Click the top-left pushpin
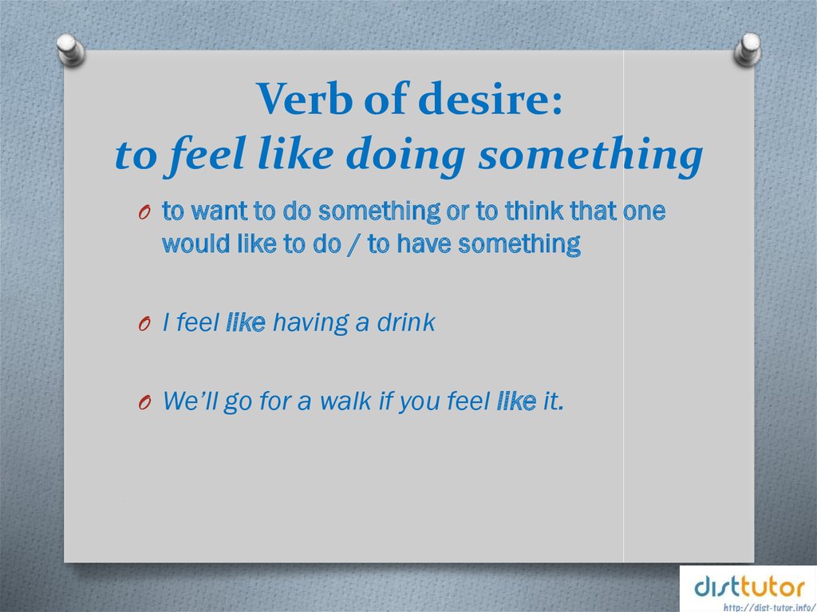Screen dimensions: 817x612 (71, 49)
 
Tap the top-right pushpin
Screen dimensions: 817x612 (748, 49)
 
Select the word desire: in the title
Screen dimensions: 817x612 (491, 98)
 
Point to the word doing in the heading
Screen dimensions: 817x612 (405, 156)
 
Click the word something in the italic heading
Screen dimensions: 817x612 (591, 154)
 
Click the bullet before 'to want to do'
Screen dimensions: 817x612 (145, 213)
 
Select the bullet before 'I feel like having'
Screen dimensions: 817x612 (145, 324)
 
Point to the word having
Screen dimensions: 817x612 (310, 323)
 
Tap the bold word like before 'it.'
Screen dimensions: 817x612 (516, 401)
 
